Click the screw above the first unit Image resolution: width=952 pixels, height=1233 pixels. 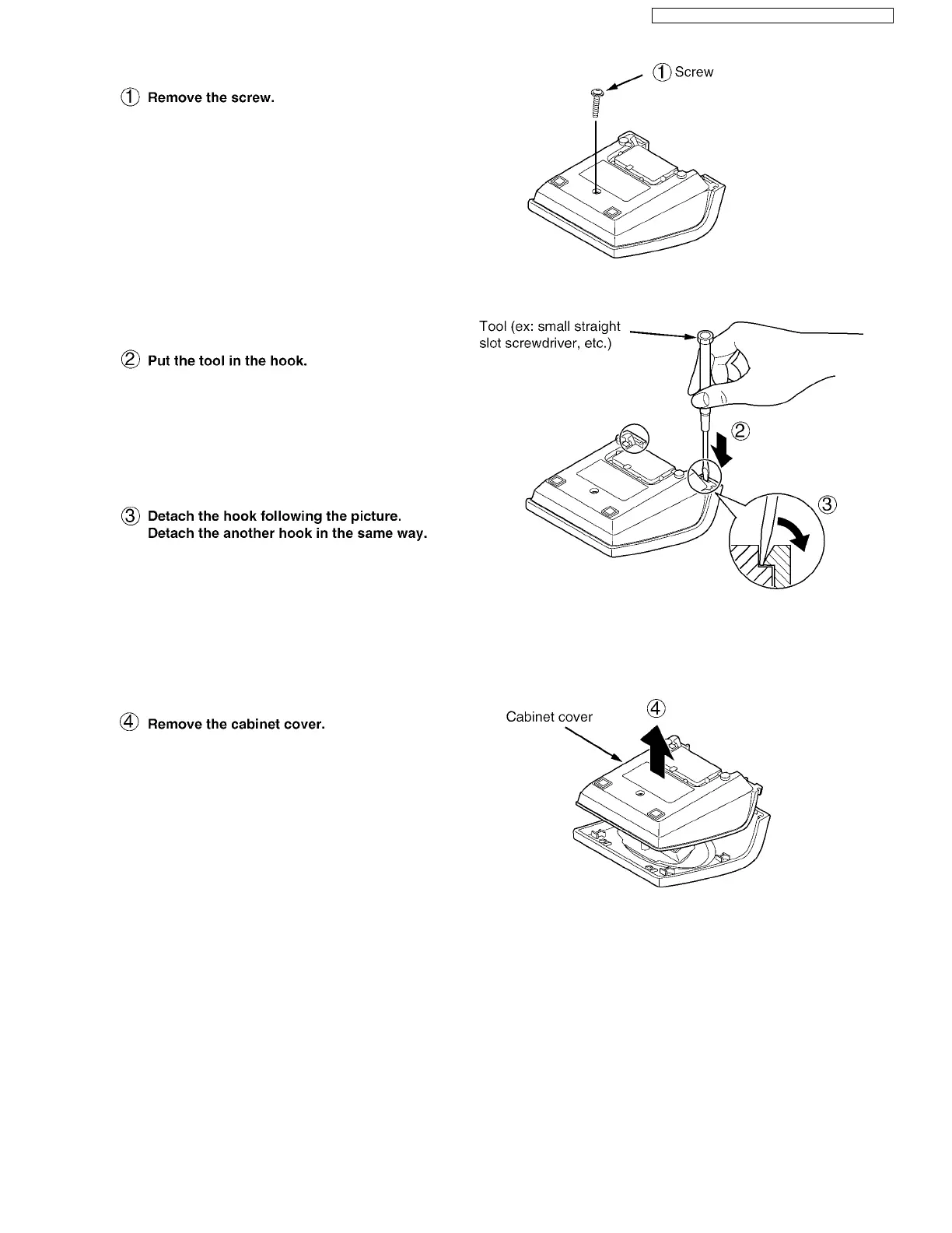click(596, 102)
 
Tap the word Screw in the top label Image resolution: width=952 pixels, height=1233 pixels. click(694, 72)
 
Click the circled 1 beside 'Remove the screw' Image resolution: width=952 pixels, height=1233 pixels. click(130, 98)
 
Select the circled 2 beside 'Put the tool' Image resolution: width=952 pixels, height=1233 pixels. click(130, 360)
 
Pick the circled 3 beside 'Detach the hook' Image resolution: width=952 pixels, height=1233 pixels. click(130, 516)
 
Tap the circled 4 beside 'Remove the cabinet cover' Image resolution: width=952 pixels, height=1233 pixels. click(130, 724)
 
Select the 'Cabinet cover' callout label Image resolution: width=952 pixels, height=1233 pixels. click(549, 717)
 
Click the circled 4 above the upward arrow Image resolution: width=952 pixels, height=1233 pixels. click(656, 709)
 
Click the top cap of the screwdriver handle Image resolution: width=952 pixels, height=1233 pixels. click(705, 336)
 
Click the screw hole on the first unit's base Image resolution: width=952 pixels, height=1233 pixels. click(596, 189)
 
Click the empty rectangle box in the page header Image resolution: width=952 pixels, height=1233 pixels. click(772, 16)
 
